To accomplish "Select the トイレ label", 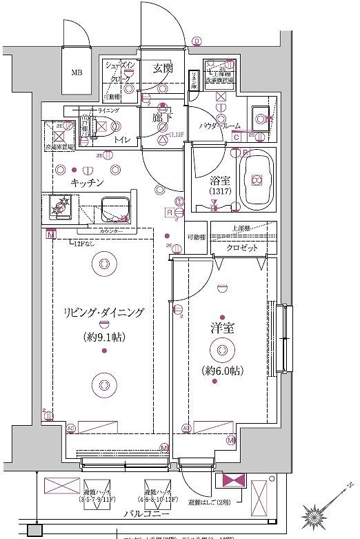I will tap(121, 139).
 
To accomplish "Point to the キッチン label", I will tap(87, 182).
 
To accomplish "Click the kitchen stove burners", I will tap(61, 206).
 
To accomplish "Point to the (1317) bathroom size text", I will tap(219, 192).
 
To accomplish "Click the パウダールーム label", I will tap(220, 126).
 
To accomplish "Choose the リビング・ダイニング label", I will tap(102, 313).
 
